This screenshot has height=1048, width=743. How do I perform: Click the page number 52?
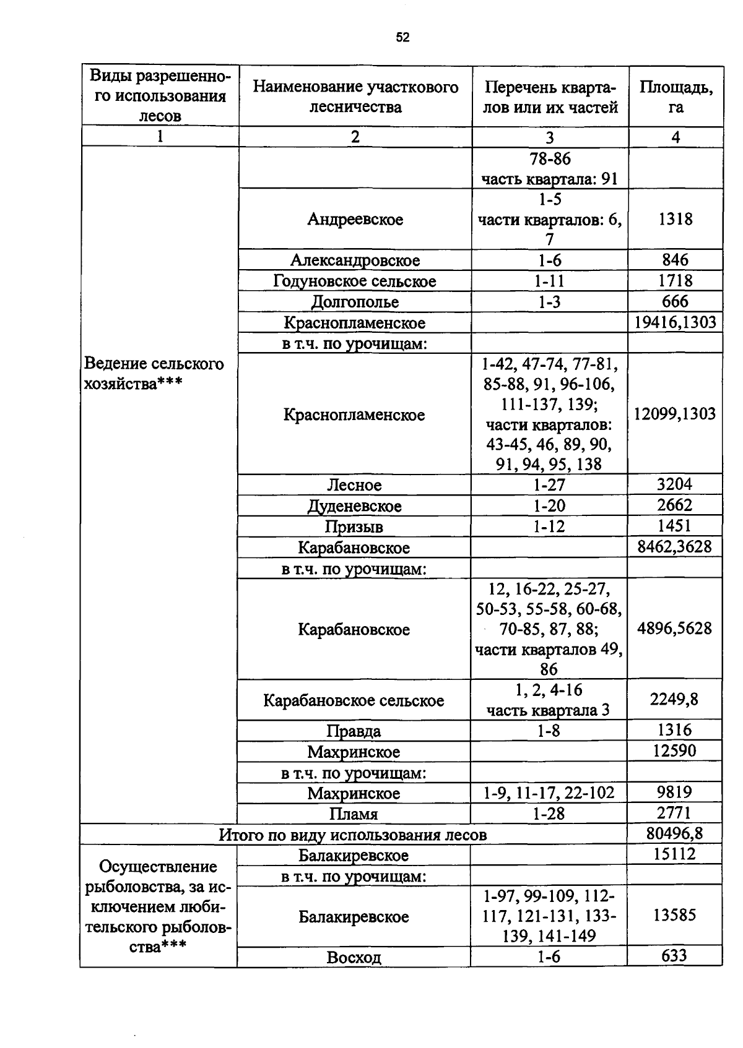(x=402, y=38)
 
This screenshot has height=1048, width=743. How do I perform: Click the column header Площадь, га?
(x=676, y=97)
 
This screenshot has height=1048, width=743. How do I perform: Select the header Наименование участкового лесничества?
(x=355, y=97)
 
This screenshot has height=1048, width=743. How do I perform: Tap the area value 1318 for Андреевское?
(x=676, y=219)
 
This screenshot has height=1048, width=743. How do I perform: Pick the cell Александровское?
(x=355, y=260)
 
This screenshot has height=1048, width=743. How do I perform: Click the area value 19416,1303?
(x=676, y=322)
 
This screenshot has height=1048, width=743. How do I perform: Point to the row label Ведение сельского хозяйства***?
(x=154, y=373)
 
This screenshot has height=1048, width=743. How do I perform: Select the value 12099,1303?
(x=675, y=414)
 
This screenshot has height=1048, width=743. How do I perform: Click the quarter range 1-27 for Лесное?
(x=549, y=485)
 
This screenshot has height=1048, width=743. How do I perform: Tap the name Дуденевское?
(x=355, y=506)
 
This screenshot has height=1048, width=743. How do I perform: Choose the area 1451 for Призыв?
(x=675, y=526)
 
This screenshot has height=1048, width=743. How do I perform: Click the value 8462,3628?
(x=675, y=547)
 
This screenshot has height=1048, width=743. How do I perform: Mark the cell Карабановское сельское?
(x=354, y=700)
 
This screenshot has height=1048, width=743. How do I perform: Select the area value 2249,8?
(x=674, y=699)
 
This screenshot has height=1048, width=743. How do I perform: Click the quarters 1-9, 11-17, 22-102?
(x=549, y=793)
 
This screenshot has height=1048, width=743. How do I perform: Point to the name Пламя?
(x=354, y=814)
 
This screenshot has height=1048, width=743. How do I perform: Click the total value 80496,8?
(x=674, y=833)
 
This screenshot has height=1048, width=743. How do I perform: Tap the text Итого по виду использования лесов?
(x=353, y=835)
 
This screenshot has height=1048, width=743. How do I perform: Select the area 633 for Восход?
(x=674, y=956)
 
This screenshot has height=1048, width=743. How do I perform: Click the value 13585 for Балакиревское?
(x=674, y=915)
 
